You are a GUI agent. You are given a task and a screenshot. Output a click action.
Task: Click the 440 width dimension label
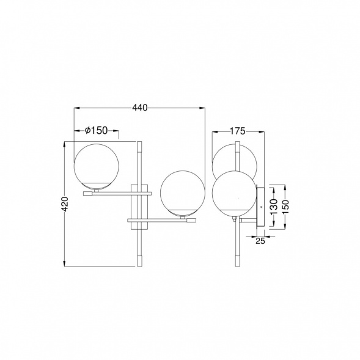(x=140, y=108)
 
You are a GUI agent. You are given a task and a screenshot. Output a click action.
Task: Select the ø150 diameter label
(x=96, y=130)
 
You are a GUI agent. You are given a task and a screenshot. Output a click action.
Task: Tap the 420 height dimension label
(x=65, y=204)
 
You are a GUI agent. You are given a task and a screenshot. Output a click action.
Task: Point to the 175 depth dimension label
(x=238, y=131)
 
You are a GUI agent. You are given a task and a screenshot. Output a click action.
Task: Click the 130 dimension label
(x=274, y=207)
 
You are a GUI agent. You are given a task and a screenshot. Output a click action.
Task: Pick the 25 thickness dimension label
(x=260, y=241)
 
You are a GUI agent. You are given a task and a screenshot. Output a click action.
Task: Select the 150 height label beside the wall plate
(x=285, y=207)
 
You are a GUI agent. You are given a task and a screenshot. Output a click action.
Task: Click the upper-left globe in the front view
(x=97, y=167)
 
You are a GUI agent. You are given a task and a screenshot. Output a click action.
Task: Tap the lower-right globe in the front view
(x=183, y=193)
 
